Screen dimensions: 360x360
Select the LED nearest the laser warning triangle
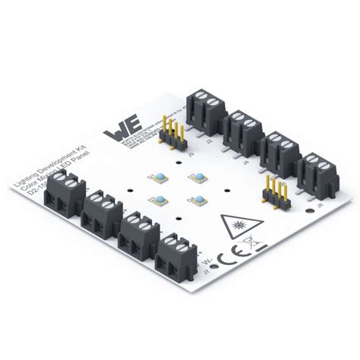coord(199,201)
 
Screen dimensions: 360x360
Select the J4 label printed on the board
coord(245,160)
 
